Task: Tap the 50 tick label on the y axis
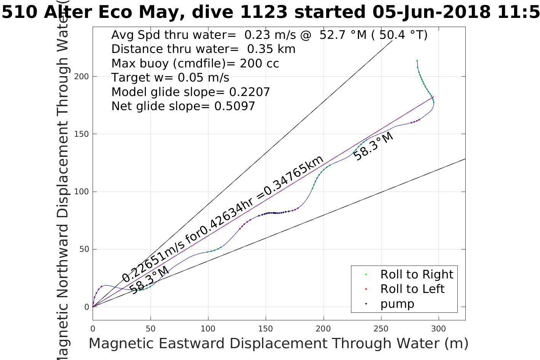84,250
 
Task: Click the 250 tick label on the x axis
381,328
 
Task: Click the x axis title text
278,344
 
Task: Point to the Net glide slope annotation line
183,106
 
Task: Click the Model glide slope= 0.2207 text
191,92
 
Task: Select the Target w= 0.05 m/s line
170,78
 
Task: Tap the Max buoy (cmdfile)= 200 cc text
195,63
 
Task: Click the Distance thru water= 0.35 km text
203,49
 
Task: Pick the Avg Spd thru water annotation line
269,35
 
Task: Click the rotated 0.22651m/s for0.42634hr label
223,219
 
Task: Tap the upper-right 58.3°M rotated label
373,147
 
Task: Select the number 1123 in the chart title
264,12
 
